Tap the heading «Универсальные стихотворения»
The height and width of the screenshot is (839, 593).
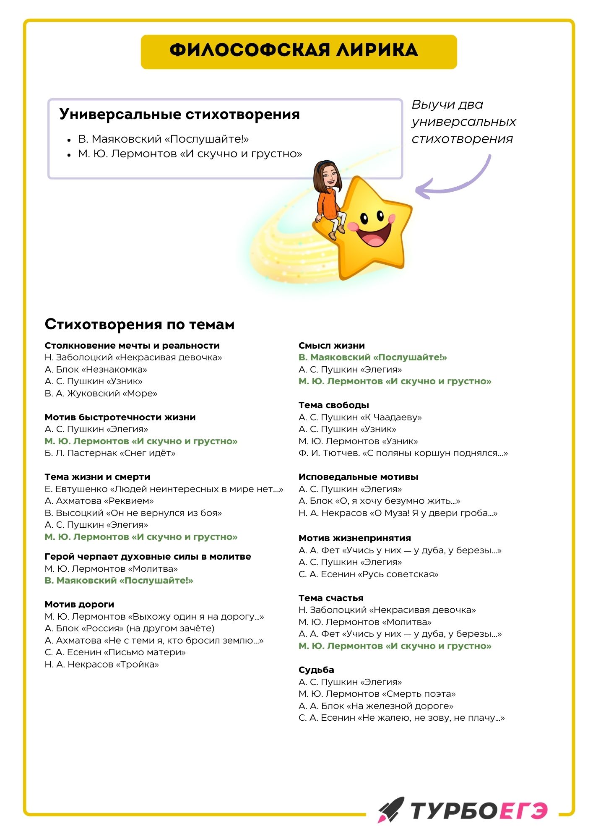179,114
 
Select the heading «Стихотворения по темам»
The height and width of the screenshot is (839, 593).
140,324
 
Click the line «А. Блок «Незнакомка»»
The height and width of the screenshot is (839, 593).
96,370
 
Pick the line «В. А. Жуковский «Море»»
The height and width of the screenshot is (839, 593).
101,393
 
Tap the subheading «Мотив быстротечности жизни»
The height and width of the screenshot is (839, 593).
120,417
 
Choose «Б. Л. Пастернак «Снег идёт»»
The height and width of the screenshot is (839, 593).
110,453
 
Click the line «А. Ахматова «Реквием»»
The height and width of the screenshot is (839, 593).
99,501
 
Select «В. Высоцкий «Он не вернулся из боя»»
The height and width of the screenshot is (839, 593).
133,513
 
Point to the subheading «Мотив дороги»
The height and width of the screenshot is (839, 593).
80,604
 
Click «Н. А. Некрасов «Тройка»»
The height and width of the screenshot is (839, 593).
102,664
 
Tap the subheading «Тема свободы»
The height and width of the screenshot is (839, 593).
334,405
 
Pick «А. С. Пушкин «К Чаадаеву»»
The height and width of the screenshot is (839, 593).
360,417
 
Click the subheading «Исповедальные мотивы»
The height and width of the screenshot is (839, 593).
359,477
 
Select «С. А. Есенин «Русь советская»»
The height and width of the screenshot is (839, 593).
369,574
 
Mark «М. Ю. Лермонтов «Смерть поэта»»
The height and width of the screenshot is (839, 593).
377,694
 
